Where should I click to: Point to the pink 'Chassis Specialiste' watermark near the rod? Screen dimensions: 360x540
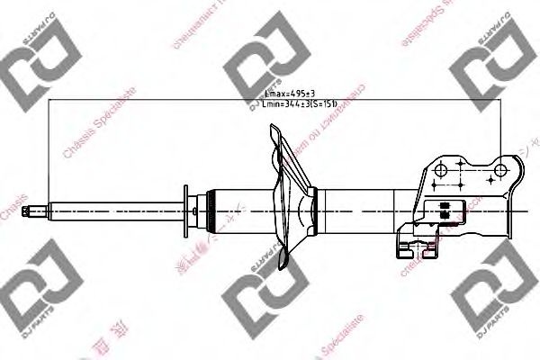(x=99, y=126)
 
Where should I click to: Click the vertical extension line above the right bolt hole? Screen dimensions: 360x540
(x=499, y=126)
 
